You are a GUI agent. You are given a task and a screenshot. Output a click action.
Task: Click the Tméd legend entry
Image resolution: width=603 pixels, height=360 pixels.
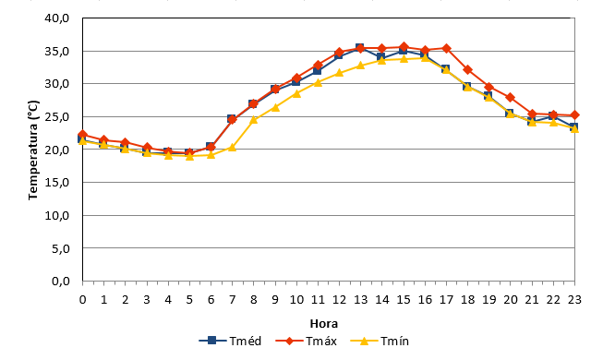(x=230, y=341)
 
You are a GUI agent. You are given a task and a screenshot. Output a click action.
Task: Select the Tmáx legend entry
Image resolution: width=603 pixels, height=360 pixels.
(x=306, y=341)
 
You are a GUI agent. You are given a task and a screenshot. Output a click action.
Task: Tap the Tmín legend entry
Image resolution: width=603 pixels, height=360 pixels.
(x=380, y=341)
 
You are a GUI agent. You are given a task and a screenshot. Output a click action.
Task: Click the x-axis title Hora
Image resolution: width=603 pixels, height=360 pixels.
(x=324, y=324)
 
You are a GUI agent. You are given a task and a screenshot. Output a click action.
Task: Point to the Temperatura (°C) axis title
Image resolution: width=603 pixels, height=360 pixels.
(x=33, y=150)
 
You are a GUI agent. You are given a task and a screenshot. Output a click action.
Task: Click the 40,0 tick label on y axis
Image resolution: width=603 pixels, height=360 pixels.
(x=57, y=18)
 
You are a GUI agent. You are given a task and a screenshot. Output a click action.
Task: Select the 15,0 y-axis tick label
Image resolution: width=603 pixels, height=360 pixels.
(x=57, y=183)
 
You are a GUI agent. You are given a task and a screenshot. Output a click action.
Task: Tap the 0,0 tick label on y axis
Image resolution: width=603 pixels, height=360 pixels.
(x=61, y=282)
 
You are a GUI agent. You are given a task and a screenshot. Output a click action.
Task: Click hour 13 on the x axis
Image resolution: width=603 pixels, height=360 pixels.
(x=360, y=300)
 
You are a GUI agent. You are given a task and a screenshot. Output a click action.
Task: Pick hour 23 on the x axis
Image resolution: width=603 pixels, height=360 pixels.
(x=574, y=300)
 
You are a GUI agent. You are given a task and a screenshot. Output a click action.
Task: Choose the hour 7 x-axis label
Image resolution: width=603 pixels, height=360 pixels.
(x=232, y=300)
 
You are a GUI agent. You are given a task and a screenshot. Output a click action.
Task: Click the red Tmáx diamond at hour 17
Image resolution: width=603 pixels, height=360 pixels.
(x=446, y=48)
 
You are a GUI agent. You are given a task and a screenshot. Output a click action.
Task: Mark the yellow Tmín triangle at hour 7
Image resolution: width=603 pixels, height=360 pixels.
(x=232, y=148)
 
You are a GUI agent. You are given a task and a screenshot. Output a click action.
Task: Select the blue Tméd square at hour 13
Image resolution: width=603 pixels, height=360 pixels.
(x=360, y=48)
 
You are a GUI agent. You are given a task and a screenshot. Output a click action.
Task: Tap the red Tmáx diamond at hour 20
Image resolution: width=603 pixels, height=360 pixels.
(x=511, y=97)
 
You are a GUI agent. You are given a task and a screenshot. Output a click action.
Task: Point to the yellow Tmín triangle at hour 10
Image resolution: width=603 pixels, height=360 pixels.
(x=296, y=93)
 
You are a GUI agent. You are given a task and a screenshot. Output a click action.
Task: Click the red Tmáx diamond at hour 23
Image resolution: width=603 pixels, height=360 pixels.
(x=575, y=115)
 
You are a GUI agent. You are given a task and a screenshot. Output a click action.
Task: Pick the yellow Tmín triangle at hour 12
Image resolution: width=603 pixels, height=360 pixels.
(x=339, y=73)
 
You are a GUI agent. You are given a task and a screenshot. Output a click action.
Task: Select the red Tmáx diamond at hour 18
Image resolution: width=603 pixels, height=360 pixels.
(x=467, y=69)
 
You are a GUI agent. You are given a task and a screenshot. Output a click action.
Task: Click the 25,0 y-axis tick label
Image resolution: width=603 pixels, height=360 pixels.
(x=57, y=116)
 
